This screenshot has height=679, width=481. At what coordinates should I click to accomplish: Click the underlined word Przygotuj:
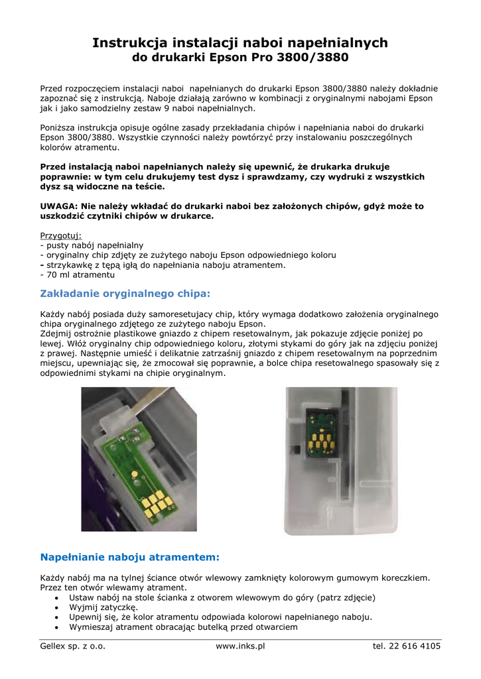60,235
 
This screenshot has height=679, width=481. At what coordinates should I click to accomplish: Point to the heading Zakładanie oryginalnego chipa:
125,293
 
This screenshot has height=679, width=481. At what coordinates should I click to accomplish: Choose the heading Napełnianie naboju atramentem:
129,557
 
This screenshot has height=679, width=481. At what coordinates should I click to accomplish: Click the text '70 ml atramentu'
80,275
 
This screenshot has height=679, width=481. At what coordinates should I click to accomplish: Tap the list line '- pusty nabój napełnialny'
92,245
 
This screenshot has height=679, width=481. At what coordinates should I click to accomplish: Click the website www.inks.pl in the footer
240,646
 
